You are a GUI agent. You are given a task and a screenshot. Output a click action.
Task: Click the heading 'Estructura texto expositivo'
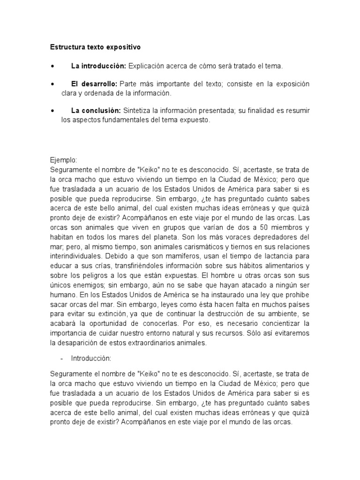(95, 47)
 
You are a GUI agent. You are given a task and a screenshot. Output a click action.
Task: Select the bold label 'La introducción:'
(98, 66)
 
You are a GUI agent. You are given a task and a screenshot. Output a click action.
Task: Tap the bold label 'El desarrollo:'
(94, 84)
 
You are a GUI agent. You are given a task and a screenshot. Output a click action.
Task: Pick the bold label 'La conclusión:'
(96, 111)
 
